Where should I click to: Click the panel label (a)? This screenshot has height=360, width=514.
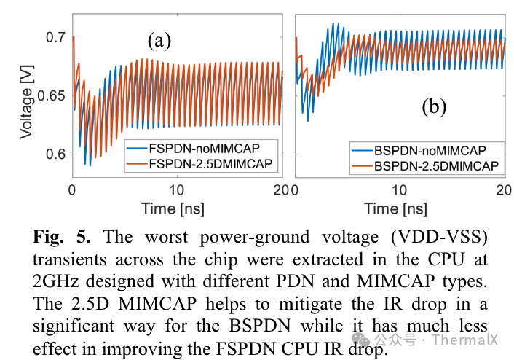[x=159, y=39]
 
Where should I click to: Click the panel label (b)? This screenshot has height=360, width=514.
[x=433, y=107]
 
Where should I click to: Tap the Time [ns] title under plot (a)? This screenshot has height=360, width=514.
[x=178, y=208]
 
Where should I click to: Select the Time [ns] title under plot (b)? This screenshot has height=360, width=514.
[x=398, y=208]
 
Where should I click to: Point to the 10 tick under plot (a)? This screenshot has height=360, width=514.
[x=177, y=190]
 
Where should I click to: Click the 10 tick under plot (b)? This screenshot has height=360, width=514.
[x=399, y=190]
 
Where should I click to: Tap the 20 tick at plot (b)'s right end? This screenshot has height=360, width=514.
[x=501, y=190]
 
